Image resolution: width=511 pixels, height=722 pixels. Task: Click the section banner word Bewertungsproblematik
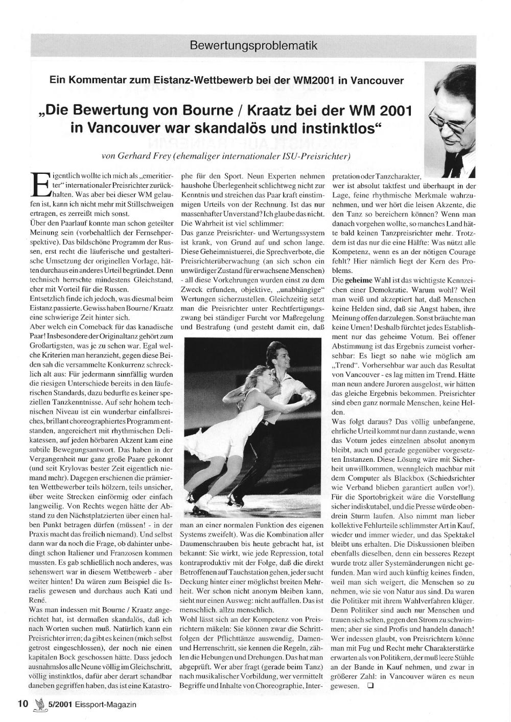coord(253,46)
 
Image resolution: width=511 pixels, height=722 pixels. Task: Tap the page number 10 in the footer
coord(22,704)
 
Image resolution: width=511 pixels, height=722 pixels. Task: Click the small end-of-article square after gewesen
coord(371,686)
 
